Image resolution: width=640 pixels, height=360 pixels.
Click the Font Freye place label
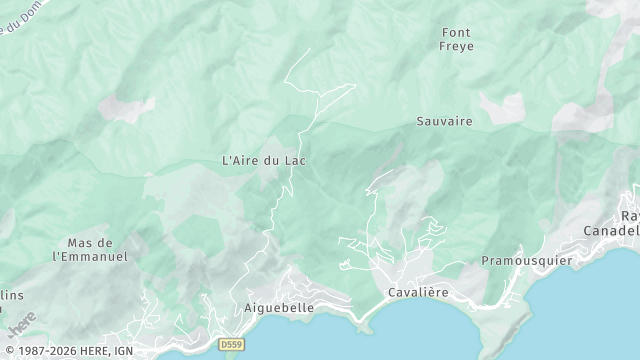(x=455, y=39)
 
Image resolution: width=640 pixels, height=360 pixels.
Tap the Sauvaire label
(x=444, y=121)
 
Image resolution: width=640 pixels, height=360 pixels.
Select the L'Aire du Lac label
(x=263, y=160)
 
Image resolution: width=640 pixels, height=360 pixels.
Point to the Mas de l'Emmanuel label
(x=90, y=250)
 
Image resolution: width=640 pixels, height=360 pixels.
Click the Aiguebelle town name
(x=280, y=308)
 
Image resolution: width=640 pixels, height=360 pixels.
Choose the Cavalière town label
(x=418, y=292)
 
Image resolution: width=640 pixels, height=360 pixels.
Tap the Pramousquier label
(x=525, y=260)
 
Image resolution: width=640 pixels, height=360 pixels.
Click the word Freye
(x=455, y=46)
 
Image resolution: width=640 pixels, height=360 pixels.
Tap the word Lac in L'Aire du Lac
(x=294, y=160)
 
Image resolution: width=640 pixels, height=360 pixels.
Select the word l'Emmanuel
(x=90, y=257)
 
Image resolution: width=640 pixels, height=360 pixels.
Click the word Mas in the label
(x=80, y=243)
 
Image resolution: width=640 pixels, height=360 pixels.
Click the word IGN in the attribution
(x=124, y=351)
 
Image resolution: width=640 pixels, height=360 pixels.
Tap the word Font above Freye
(x=455, y=32)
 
